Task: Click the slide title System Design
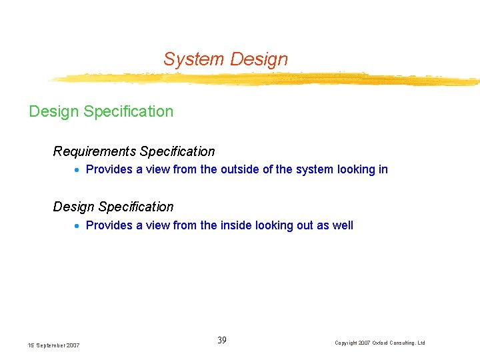click(225, 59)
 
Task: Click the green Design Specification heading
click(101, 111)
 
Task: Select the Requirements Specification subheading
click(134, 151)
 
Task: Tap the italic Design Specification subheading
click(113, 207)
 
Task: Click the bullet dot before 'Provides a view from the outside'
click(78, 170)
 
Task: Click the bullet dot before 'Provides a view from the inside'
click(78, 226)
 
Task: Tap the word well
click(342, 225)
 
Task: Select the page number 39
click(222, 341)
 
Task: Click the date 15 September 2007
click(54, 345)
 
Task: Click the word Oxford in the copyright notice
click(373, 343)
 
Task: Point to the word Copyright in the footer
click(347, 343)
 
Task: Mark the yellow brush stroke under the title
click(267, 79)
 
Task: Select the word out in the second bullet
click(305, 225)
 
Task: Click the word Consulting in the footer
click(400, 343)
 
